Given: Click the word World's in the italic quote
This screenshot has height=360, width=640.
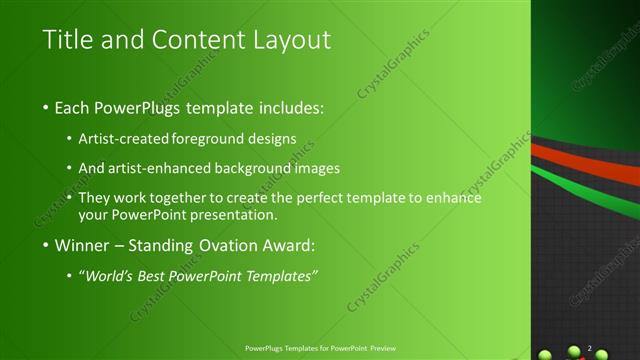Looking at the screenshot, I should click(x=112, y=275).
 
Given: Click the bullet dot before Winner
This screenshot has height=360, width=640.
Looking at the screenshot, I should click(x=46, y=246).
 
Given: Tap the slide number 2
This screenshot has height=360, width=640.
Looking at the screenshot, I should click(x=590, y=347).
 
